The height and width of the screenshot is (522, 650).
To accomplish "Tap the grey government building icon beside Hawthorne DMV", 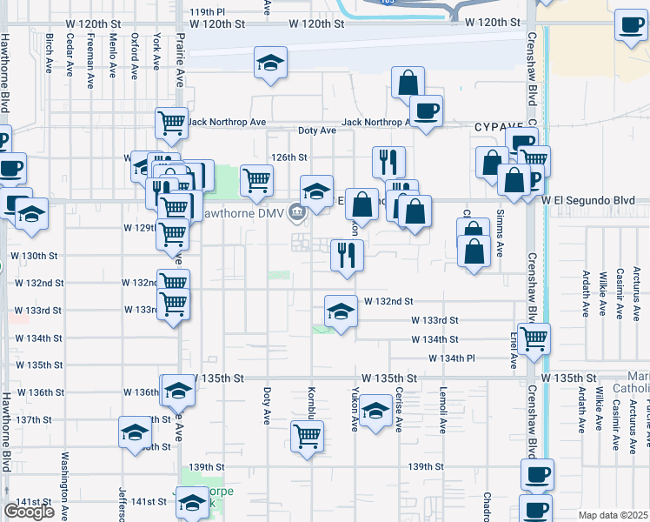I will (x=297, y=211).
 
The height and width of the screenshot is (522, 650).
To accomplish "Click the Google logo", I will (x=29, y=512).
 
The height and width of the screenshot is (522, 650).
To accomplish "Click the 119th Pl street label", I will (x=207, y=12).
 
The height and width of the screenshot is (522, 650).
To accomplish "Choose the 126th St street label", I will (x=289, y=157).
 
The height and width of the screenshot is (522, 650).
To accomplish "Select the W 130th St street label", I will (x=33, y=256).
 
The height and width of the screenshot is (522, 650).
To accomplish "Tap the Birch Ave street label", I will (x=49, y=54).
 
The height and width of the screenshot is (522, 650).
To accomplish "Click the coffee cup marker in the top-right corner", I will (x=630, y=25).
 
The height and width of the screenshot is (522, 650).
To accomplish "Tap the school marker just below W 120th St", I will (x=270, y=63).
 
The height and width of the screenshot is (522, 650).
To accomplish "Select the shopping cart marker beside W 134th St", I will (x=534, y=336).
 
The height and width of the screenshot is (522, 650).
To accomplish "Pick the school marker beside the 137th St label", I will (x=136, y=432).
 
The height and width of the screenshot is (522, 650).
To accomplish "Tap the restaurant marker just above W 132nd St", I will (x=347, y=256).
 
